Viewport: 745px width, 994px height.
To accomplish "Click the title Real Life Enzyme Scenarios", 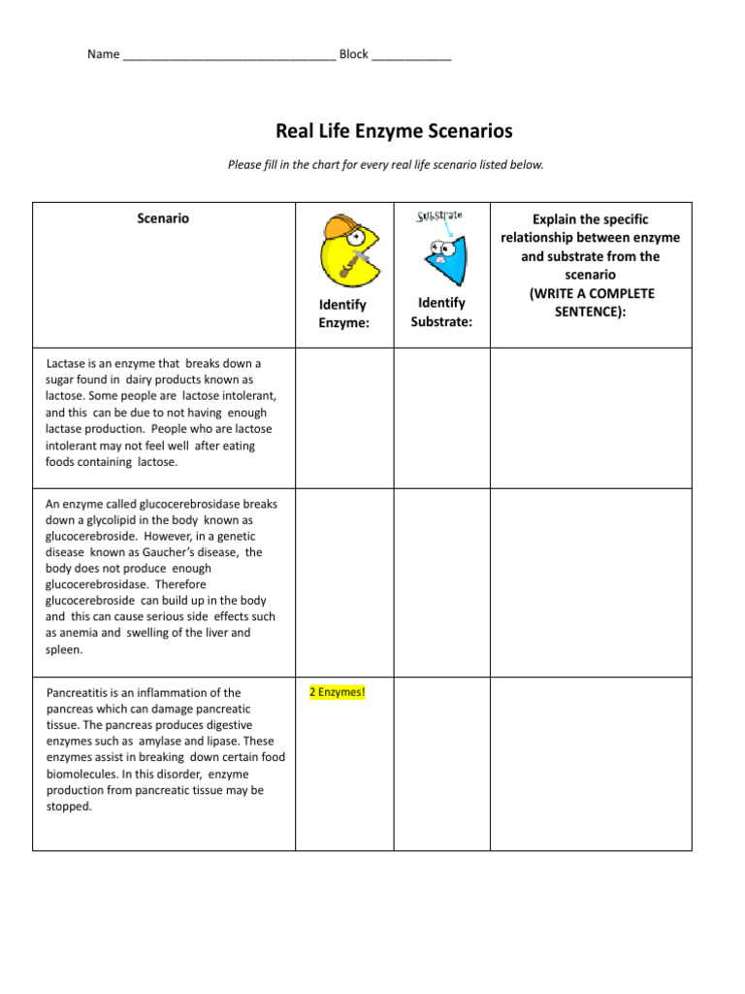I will (x=394, y=130).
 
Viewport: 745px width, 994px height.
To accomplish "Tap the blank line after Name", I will (x=229, y=55).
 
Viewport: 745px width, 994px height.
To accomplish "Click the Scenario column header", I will (x=163, y=219).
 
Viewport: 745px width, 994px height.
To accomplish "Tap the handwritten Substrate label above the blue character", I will (x=439, y=215).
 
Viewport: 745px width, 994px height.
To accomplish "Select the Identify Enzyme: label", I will (x=343, y=314).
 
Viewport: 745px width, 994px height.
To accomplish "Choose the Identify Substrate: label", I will (x=441, y=312).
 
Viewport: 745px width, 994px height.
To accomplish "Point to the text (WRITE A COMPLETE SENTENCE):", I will (x=591, y=302).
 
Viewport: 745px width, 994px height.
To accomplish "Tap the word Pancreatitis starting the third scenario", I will (x=81, y=692).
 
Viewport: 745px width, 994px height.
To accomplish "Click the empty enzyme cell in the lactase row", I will (x=343, y=417).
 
